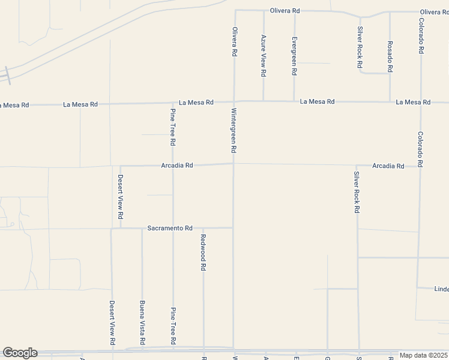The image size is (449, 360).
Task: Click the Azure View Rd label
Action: pyautogui.click(x=263, y=56)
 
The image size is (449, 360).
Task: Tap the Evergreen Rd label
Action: pyautogui.click(x=294, y=56)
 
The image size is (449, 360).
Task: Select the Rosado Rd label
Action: pyautogui.click(x=390, y=56)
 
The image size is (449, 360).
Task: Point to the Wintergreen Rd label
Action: pyautogui.click(x=234, y=130)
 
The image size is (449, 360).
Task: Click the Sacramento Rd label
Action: pyautogui.click(x=170, y=229)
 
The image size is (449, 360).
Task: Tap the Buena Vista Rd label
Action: pyautogui.click(x=142, y=323)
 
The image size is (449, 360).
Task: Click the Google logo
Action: pyautogui.click(x=19, y=353)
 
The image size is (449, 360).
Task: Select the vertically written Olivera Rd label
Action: pyautogui.click(x=234, y=41)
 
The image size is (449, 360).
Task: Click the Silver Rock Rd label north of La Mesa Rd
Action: pyautogui.click(x=359, y=47)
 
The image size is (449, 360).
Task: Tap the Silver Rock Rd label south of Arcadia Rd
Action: pyautogui.click(x=356, y=193)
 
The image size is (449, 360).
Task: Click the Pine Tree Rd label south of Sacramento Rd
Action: pyautogui.click(x=173, y=325)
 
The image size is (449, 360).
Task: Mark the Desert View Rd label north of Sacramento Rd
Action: pyautogui.click(x=120, y=196)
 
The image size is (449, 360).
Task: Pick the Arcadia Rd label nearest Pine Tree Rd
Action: pyautogui.click(x=176, y=166)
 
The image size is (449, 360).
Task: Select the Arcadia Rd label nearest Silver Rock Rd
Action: pyautogui.click(x=388, y=166)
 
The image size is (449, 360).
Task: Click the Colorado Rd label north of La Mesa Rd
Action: pyautogui.click(x=421, y=36)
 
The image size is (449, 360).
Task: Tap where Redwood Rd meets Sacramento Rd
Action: pyautogui.click(x=203, y=229)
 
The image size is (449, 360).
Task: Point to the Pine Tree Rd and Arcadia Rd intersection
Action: pyautogui.click(x=173, y=166)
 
